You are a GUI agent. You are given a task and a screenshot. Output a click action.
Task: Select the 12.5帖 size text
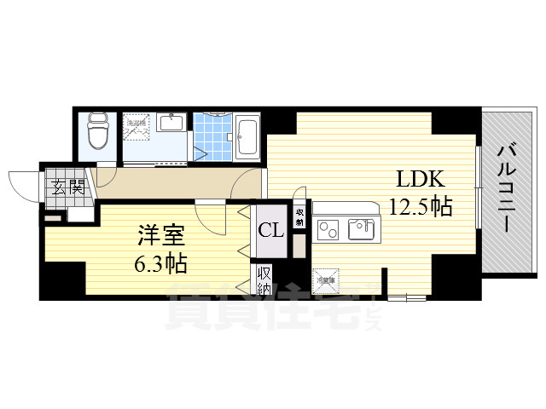click(420, 205)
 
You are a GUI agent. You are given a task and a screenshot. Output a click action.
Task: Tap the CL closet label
click(272, 229)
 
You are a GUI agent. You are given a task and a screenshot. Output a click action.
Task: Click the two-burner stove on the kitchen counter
click(328, 228)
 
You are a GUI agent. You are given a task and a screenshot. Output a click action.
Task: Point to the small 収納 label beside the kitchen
click(299, 216)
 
